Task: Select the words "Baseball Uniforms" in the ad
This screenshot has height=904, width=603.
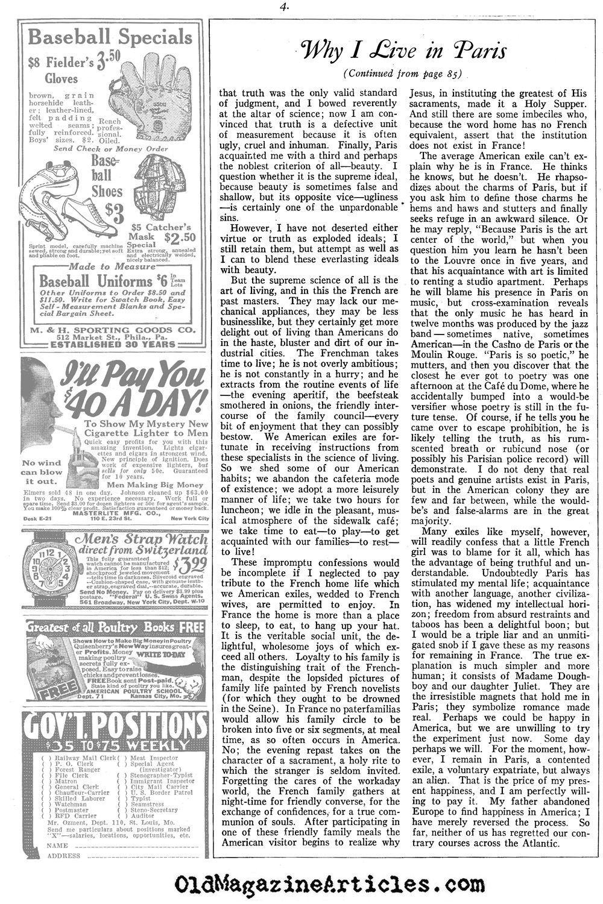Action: pos(95,281)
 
